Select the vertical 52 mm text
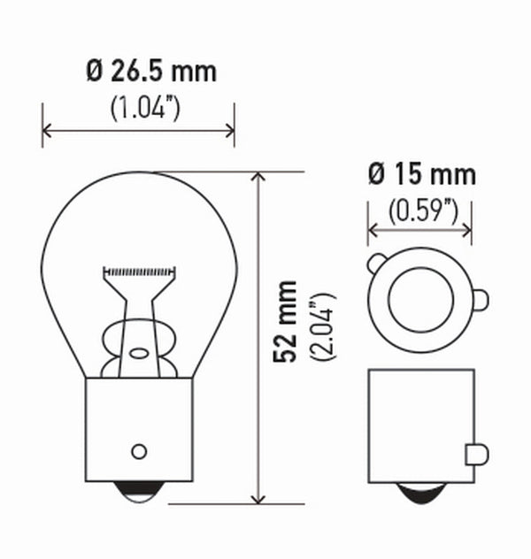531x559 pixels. [284, 322]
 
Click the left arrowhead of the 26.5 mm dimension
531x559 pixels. [47, 131]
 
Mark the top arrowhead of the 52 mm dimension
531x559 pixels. [259, 178]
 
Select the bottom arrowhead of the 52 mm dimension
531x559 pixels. [259, 497]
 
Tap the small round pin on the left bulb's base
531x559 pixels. [138, 451]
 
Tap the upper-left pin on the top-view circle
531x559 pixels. [375, 262]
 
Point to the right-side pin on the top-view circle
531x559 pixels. [480, 300]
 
